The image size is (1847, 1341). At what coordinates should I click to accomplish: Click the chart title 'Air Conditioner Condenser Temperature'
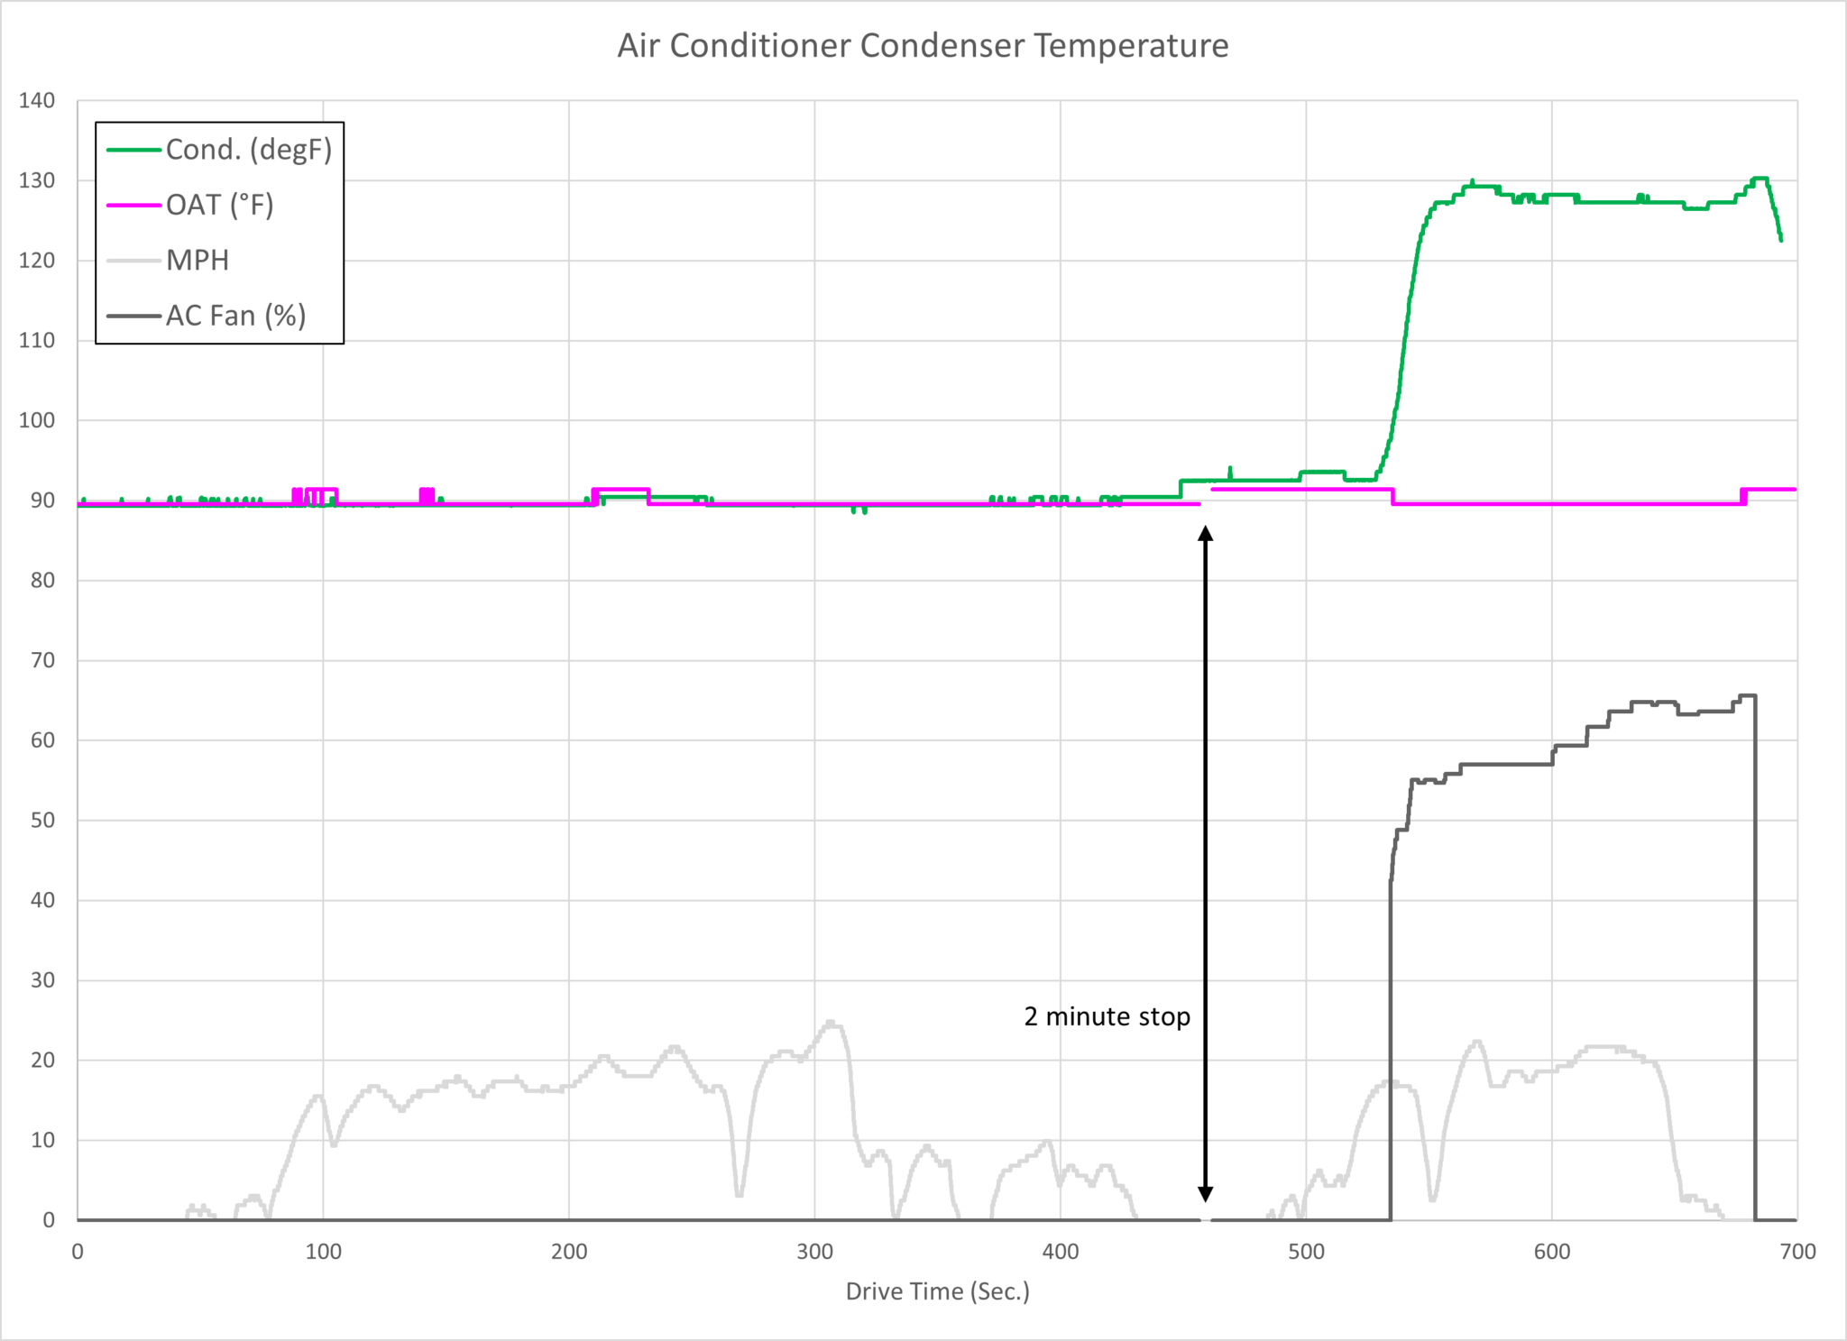coord(923,46)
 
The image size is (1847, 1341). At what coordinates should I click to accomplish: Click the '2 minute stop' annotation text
coord(1107,1017)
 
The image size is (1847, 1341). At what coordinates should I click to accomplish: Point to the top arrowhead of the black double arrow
coord(1205,534)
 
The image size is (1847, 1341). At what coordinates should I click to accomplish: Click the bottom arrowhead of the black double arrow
coord(1205,1194)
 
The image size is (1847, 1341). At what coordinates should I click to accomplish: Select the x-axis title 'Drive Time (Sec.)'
coord(937,1291)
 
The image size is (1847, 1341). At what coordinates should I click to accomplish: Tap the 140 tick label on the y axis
coord(37,100)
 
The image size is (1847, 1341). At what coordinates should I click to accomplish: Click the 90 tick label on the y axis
coord(42,501)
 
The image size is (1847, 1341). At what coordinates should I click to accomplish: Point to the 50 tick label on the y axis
coord(42,821)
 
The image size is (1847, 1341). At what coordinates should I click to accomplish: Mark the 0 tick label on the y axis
coord(49,1220)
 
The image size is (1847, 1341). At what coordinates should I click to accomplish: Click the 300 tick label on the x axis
coord(814,1252)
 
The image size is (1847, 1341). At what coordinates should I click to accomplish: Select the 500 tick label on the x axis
coord(1306,1252)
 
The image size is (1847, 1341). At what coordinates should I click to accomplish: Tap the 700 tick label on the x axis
coord(1797,1252)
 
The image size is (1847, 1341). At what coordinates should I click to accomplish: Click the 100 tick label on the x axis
coord(323,1252)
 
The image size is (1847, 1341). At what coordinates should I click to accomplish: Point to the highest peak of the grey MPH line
coord(830,1024)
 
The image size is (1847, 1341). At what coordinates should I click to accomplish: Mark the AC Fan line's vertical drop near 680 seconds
coord(1754,956)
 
